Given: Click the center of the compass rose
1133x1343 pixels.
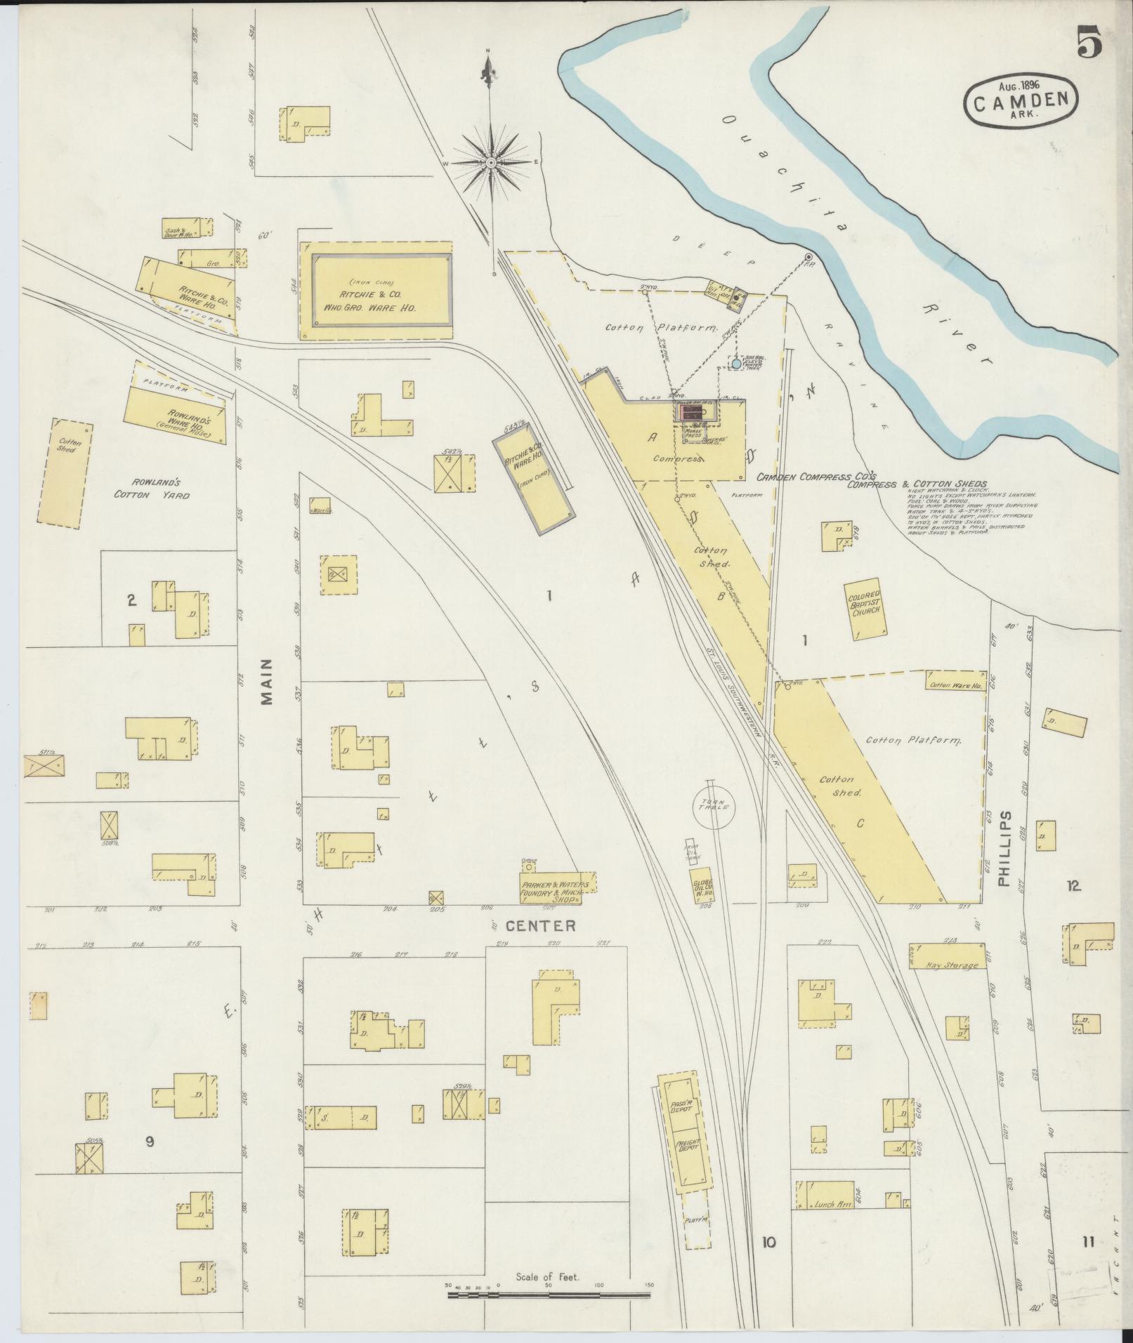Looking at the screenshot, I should [491, 163].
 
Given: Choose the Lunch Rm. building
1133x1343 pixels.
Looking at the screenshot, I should [834, 1204].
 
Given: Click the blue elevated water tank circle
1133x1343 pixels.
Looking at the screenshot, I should [735, 364].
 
